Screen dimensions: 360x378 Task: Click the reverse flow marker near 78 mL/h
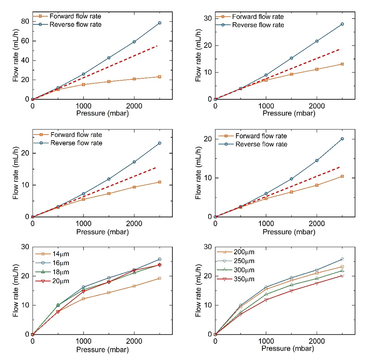(x=160, y=23)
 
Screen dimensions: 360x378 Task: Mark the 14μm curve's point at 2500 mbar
(x=160, y=278)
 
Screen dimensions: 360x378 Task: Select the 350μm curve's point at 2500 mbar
(x=342, y=276)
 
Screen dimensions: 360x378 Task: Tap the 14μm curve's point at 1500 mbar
(x=109, y=293)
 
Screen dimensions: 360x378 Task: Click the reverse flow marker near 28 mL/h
(x=342, y=24)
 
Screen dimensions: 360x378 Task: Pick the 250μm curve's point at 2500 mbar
(x=342, y=259)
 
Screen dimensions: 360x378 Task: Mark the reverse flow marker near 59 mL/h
(x=134, y=42)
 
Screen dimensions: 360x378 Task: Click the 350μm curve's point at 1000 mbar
(x=266, y=300)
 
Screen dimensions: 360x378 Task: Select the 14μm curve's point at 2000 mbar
(x=134, y=286)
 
